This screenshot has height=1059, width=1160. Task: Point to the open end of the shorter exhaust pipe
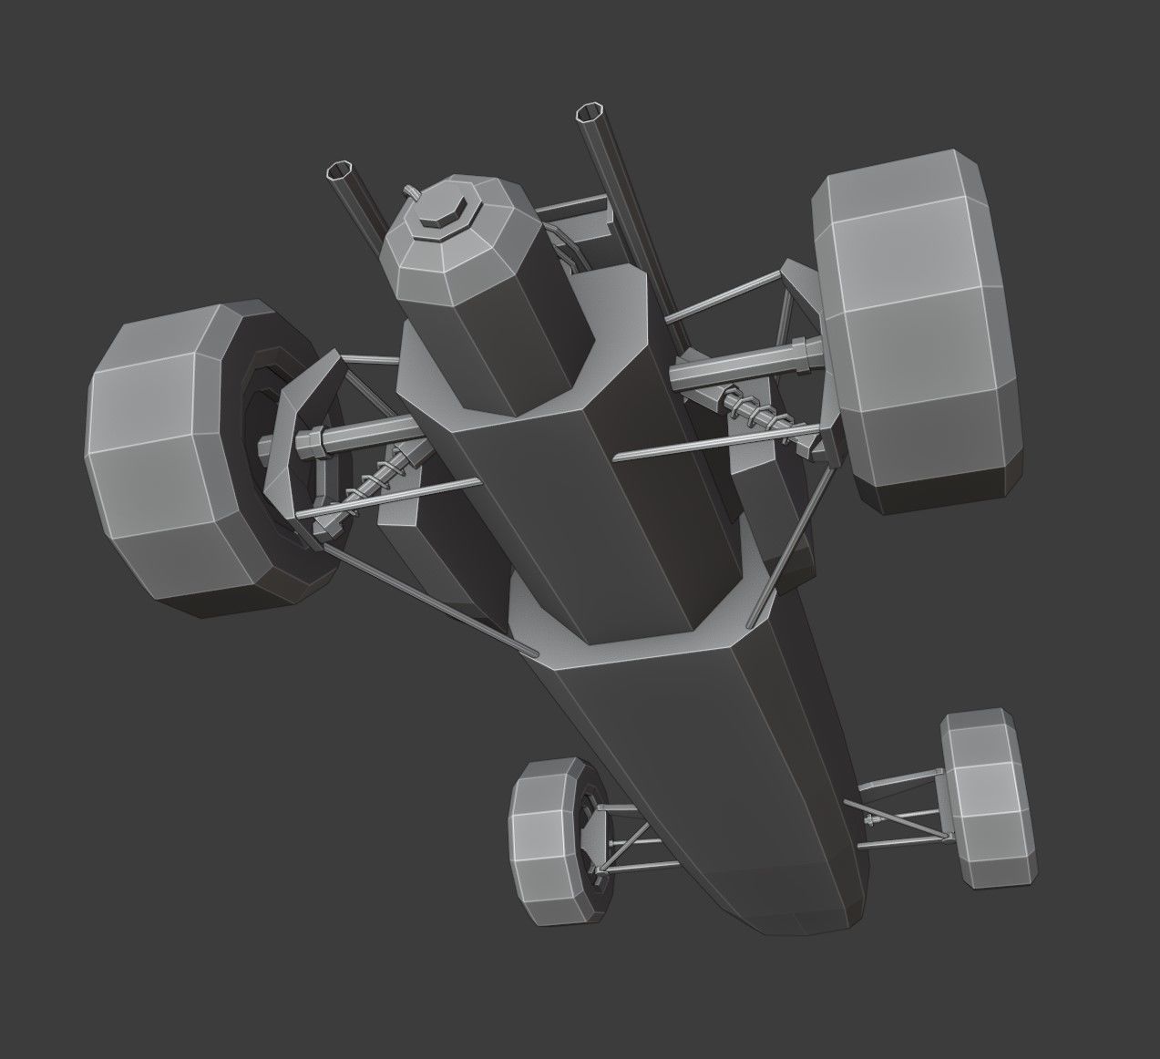point(342,171)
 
